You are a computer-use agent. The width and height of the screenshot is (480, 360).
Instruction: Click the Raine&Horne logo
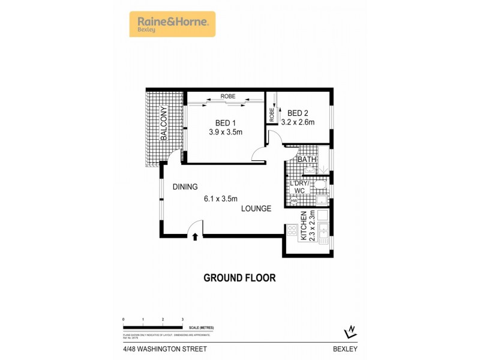(172, 24)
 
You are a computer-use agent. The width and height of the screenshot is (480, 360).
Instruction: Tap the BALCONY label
(163, 124)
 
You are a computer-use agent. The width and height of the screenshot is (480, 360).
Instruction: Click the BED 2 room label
(298, 113)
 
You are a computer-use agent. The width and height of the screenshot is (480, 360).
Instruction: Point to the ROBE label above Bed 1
(227, 97)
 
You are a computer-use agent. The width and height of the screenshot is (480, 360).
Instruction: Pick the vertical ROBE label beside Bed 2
(272, 114)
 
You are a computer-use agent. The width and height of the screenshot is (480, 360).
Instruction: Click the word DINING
(185, 187)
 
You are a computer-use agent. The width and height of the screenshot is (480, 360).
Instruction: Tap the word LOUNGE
(256, 209)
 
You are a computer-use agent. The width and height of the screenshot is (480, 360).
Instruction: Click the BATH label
(306, 160)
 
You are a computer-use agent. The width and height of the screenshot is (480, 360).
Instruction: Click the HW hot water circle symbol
(294, 200)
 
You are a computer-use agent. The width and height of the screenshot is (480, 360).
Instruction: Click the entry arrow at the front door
(195, 237)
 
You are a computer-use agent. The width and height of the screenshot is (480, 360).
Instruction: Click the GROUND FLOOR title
(239, 278)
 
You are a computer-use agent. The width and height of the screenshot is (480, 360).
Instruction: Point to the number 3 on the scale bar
(182, 319)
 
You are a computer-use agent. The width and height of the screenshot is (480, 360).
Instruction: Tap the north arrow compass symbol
(349, 331)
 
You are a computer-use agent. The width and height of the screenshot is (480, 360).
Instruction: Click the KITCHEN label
(304, 226)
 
